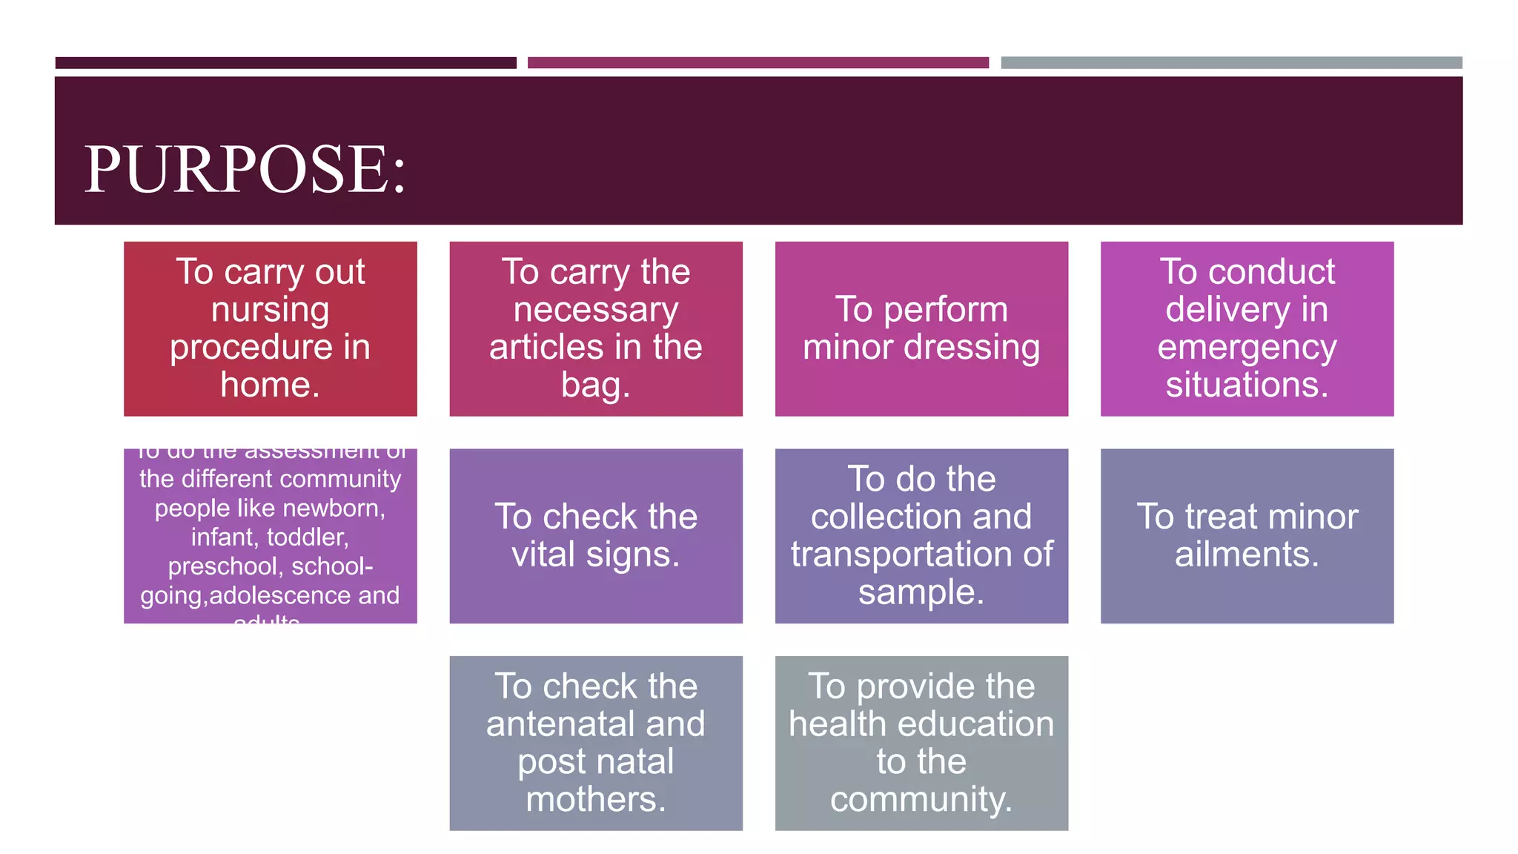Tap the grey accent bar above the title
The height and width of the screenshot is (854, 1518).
point(1231,63)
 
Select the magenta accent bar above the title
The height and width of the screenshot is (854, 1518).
point(758,63)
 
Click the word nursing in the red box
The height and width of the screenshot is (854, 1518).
point(270,309)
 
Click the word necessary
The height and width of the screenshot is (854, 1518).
point(595,309)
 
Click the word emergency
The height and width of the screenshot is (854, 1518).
point(1247,347)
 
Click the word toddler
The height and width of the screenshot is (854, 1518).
point(305,537)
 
